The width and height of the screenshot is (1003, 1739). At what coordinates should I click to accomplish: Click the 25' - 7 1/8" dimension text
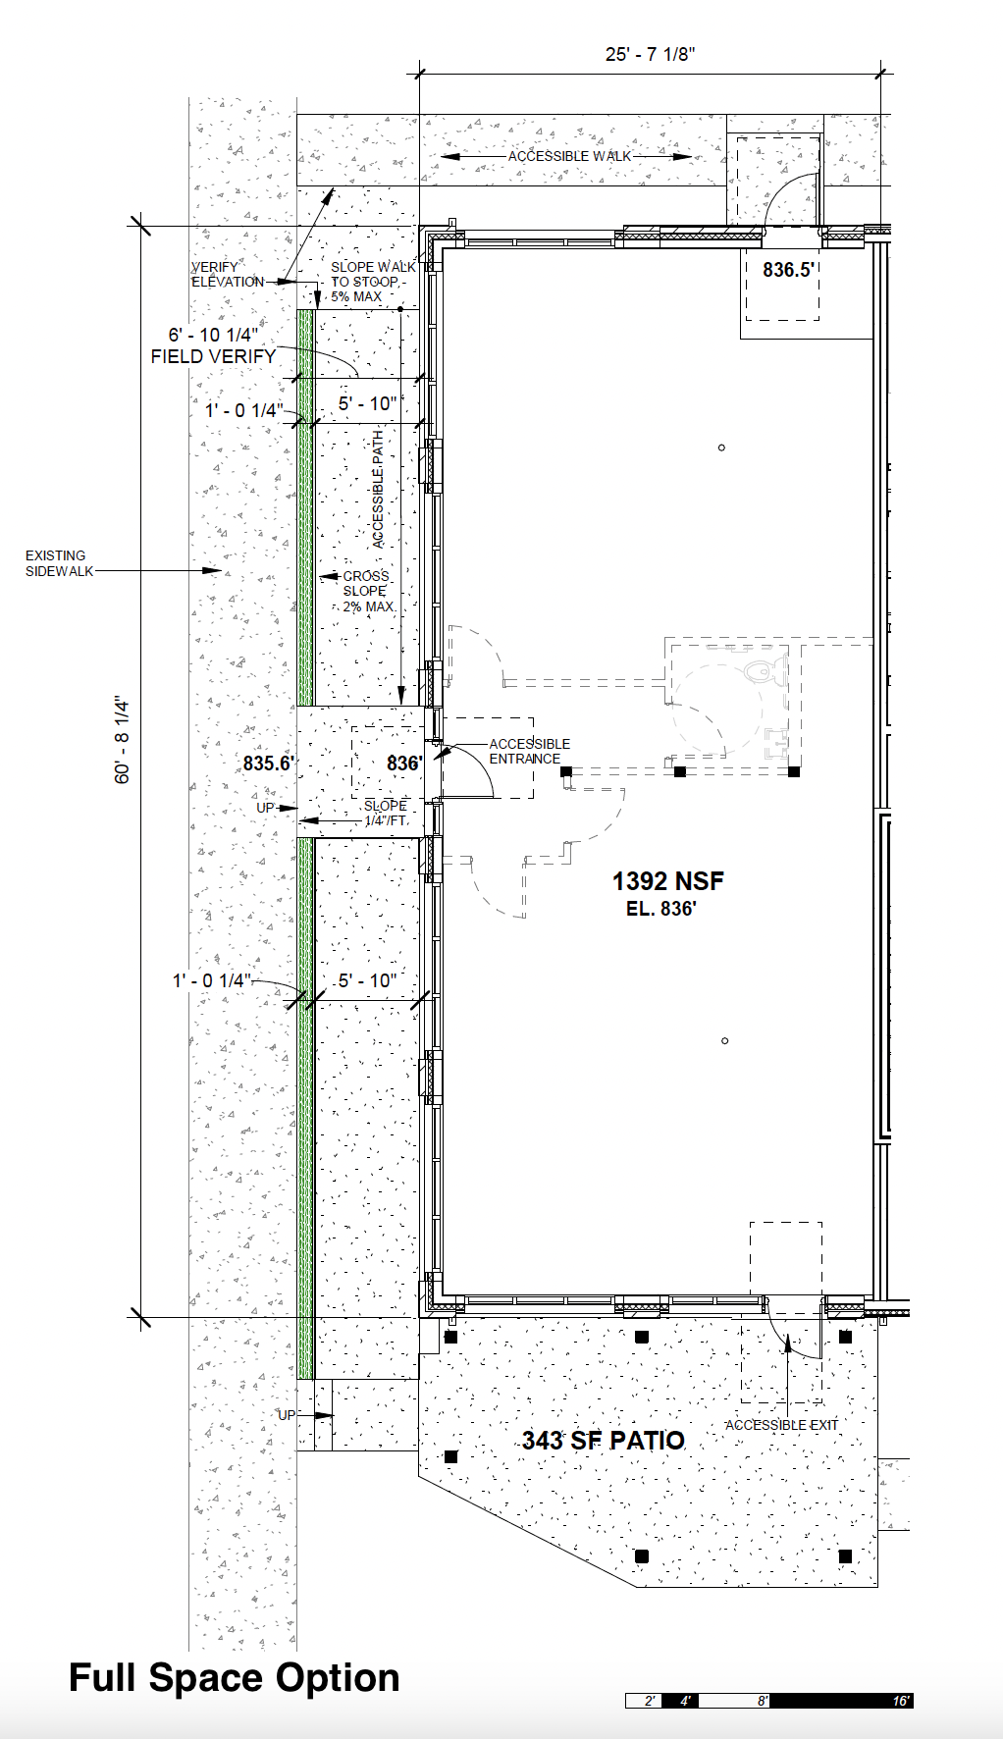click(x=650, y=55)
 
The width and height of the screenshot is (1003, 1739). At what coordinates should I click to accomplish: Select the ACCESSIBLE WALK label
click(x=570, y=156)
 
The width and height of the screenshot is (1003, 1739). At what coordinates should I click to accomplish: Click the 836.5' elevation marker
click(x=789, y=269)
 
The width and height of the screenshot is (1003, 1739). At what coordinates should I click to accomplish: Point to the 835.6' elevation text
click(x=269, y=763)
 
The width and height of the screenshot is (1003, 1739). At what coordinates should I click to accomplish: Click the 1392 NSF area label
click(x=668, y=881)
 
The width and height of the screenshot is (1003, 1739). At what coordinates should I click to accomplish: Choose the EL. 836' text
click(x=661, y=909)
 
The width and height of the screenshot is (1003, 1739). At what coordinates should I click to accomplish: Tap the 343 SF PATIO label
click(x=604, y=1440)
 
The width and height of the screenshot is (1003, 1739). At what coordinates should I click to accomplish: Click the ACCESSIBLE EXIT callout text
click(x=782, y=1425)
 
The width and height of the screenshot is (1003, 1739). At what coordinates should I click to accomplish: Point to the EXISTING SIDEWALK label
click(x=59, y=563)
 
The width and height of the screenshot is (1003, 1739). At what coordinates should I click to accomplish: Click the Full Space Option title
click(x=235, y=1677)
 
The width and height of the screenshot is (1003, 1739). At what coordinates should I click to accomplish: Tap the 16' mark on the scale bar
click(x=901, y=1701)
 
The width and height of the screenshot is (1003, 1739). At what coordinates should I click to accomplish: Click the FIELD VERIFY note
click(x=213, y=356)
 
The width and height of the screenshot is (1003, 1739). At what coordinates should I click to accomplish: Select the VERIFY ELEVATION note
click(x=228, y=274)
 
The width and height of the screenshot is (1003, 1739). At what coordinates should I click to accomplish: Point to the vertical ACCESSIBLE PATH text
click(x=378, y=489)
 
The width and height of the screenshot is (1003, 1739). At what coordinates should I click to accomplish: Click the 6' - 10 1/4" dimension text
click(x=213, y=335)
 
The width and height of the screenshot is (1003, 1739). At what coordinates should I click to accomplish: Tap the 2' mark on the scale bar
click(x=650, y=1701)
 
